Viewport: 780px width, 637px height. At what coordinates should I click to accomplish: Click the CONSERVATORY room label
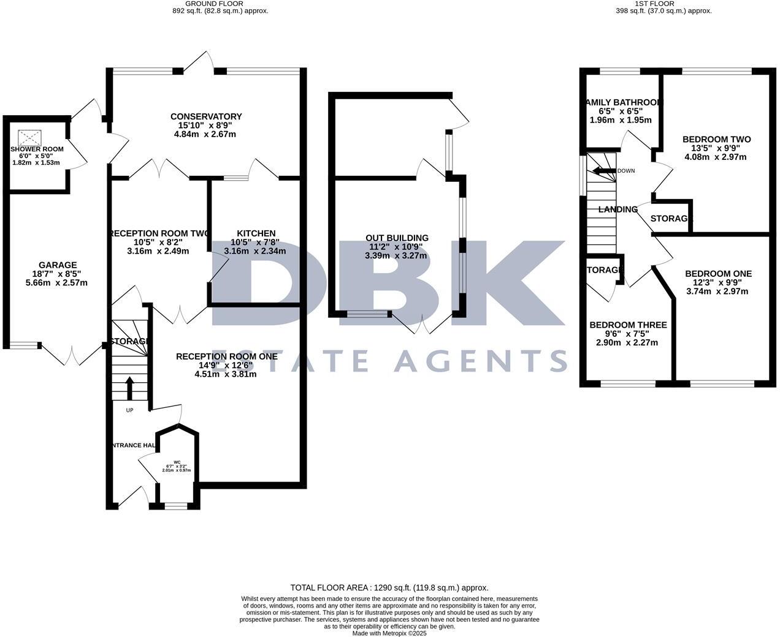pyautogui.click(x=206, y=116)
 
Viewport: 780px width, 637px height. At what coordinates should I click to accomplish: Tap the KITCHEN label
pyautogui.click(x=256, y=233)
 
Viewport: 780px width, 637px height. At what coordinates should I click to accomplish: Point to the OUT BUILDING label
pyautogui.click(x=397, y=238)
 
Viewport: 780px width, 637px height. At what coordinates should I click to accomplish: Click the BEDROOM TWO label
pyautogui.click(x=716, y=139)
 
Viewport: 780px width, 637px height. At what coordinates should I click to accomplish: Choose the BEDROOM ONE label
pyautogui.click(x=718, y=274)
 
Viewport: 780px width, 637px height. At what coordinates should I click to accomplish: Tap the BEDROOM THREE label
pyautogui.click(x=628, y=325)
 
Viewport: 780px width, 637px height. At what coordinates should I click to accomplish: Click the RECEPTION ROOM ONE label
pyautogui.click(x=226, y=356)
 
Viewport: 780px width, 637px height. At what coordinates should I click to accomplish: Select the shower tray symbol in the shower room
pyautogui.click(x=29, y=137)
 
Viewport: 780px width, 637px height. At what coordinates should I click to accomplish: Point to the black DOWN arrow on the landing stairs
pyautogui.click(x=603, y=171)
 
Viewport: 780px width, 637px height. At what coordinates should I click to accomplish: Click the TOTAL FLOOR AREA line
pyautogui.click(x=389, y=587)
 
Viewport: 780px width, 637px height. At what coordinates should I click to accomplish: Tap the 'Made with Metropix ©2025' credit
pyautogui.click(x=389, y=633)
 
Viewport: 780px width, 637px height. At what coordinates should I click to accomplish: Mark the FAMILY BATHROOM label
pyautogui.click(x=623, y=102)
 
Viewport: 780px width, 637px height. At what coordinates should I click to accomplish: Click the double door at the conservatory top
pyautogui.click(x=199, y=62)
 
